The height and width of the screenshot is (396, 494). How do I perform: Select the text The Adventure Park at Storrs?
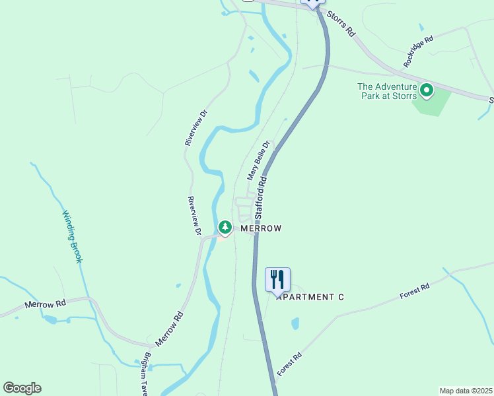point(387,91)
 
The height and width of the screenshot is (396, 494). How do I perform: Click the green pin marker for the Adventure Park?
point(427,90)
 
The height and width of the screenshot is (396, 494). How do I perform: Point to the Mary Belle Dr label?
point(259,160)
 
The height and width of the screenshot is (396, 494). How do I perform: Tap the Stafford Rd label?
point(262,197)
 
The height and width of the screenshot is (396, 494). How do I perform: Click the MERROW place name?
point(261,228)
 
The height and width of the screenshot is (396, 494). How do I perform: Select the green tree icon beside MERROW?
point(225,228)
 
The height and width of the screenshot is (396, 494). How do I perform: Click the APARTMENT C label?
point(310,297)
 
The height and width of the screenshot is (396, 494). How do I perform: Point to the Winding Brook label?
point(73,236)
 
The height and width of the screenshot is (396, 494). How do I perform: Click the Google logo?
point(22,388)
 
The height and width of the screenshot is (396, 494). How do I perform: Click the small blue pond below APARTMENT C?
point(295,323)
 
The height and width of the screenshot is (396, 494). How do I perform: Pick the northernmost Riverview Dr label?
point(196,127)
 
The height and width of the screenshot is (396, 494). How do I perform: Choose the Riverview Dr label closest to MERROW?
point(194,216)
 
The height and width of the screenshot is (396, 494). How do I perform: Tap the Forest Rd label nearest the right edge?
point(415,292)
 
